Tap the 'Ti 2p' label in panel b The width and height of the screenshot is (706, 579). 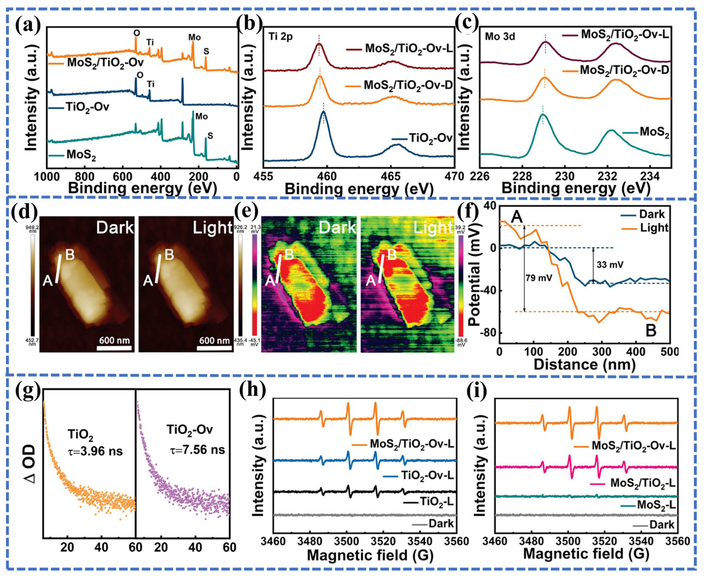281,37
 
